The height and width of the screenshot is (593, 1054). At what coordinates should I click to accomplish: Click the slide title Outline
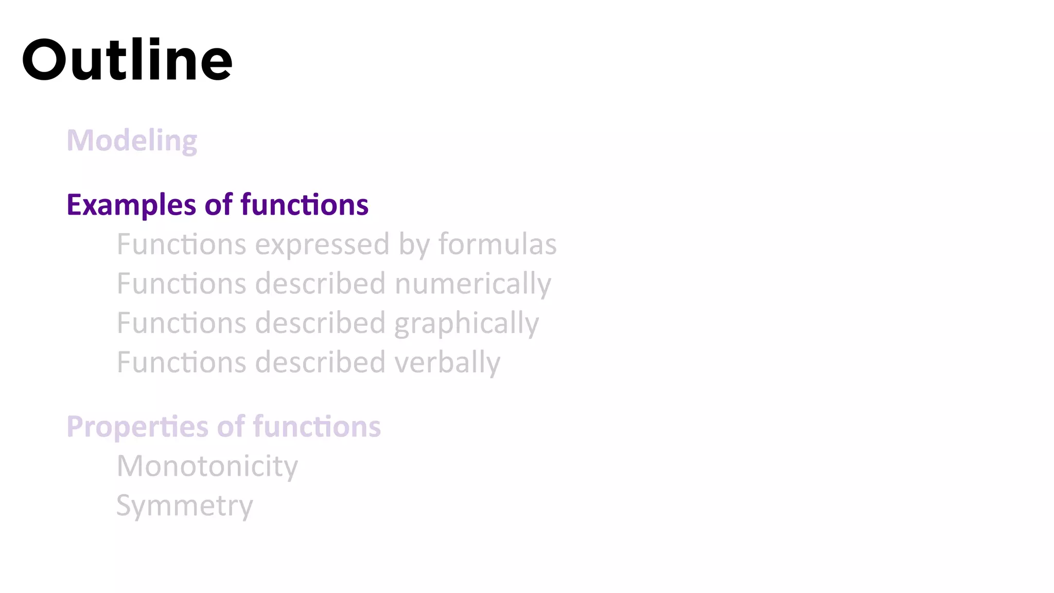coord(127,60)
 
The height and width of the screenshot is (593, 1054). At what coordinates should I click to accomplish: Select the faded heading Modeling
coord(132,141)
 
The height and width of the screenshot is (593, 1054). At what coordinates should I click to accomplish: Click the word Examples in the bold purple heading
coord(131,205)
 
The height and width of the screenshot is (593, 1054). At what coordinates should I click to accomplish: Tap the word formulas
coord(497,244)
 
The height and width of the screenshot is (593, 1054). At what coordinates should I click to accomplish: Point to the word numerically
coord(472,284)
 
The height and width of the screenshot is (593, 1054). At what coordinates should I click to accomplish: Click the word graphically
coord(466,324)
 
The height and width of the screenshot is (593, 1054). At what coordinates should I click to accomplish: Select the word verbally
coord(447,362)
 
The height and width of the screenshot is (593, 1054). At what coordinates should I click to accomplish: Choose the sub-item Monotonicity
coord(207,466)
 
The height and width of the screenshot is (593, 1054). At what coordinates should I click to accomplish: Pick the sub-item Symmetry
coord(184,506)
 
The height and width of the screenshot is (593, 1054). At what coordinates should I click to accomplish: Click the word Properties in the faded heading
coord(137,427)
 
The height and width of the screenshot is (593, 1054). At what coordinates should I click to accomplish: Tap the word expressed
coord(322,244)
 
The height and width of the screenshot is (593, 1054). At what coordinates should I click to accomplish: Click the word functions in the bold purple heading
coord(304,205)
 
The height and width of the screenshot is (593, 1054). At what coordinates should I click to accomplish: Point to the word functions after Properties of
coord(317,427)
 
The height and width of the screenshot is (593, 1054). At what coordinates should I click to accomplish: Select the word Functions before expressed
coord(181,244)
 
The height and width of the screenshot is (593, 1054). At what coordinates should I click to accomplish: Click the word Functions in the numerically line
coord(181,284)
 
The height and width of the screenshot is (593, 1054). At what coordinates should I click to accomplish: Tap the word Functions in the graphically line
coord(181,323)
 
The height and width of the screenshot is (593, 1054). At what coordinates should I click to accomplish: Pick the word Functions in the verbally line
coord(181,362)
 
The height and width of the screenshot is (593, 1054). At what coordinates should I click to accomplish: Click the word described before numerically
coord(320,284)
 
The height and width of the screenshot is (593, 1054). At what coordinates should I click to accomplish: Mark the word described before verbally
coord(320,362)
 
